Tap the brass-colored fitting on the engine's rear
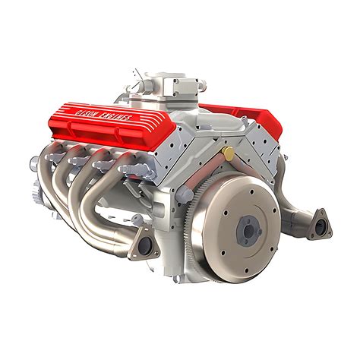[x=229, y=153]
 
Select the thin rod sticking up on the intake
[x=137, y=75]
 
